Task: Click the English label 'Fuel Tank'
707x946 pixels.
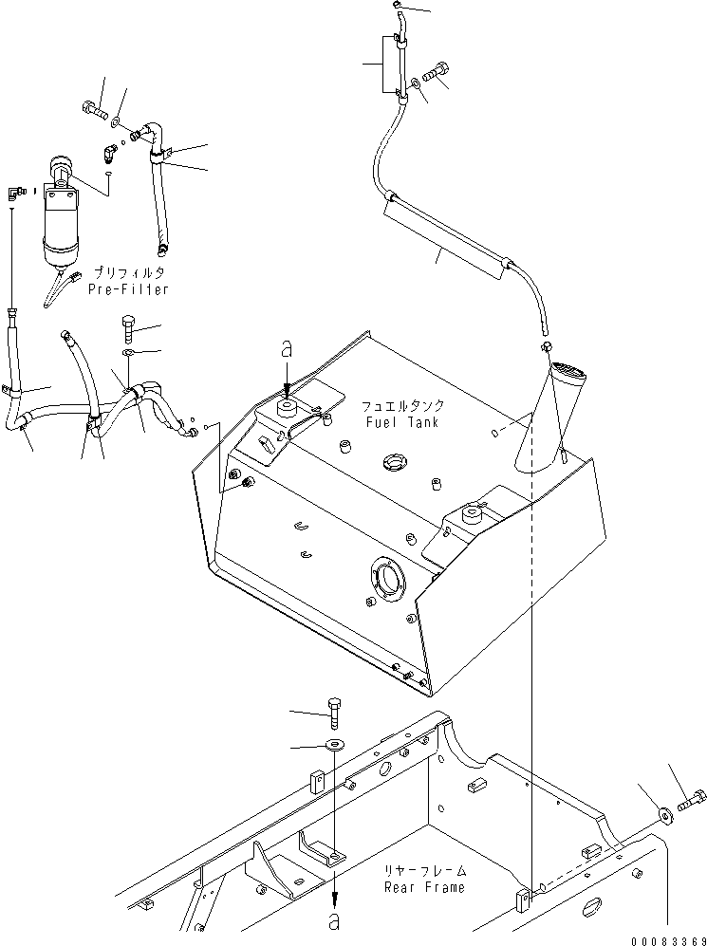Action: tap(402, 421)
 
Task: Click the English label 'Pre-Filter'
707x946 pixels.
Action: tap(128, 289)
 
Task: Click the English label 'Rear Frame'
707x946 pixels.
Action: tap(425, 887)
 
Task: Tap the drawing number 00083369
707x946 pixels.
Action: tap(668, 940)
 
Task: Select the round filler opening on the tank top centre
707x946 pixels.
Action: tap(394, 463)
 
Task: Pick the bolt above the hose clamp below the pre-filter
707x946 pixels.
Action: tap(130, 327)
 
